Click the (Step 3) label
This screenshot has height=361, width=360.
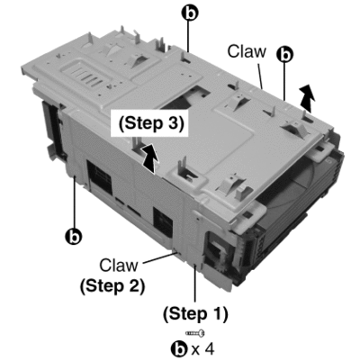(151, 123)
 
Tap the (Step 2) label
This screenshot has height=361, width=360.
(112, 286)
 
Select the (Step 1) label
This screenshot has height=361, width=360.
(195, 314)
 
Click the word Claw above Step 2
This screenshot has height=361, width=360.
(119, 266)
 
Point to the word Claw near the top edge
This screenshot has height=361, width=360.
(247, 51)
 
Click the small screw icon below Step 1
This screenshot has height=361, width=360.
(195, 332)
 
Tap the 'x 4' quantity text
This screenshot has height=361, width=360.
(202, 349)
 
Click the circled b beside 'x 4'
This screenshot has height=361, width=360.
(179, 349)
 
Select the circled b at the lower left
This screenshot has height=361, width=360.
(74, 237)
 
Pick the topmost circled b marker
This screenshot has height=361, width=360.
(189, 13)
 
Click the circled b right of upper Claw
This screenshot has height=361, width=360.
(284, 54)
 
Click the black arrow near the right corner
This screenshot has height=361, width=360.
(307, 97)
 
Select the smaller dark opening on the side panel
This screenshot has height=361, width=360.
(163, 222)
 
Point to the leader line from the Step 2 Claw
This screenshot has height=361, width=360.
(160, 258)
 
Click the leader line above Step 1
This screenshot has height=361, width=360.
(195, 283)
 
